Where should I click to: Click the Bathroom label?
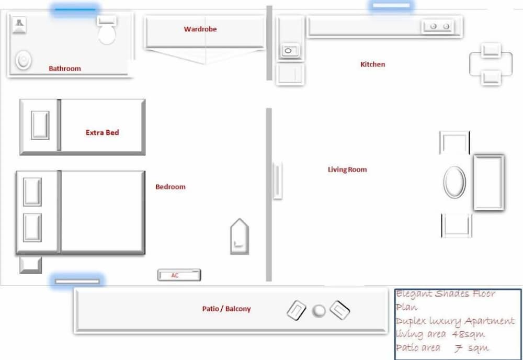pos(65,69)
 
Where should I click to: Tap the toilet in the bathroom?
pos(107,30)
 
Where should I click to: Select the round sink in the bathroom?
pos(24,60)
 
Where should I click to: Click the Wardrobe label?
pos(200,29)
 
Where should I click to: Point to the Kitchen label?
pos(372,64)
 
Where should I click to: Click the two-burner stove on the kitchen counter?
pos(440,26)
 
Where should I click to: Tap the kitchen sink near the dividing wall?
pos(289,51)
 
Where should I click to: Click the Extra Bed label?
pos(102,132)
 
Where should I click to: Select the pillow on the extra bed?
pos(40,125)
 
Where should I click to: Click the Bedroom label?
pos(170,187)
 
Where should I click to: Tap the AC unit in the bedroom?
pos(179,275)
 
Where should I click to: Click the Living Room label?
pos(347,170)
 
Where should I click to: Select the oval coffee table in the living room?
pos(454,182)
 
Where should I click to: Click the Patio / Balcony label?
pos(226,309)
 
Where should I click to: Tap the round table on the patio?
pos(319,311)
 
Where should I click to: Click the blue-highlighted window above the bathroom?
pos(75,9)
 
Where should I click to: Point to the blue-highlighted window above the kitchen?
pos(391,6)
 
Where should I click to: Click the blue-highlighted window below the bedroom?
pos(77,282)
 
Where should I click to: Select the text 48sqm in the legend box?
pos(468,334)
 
